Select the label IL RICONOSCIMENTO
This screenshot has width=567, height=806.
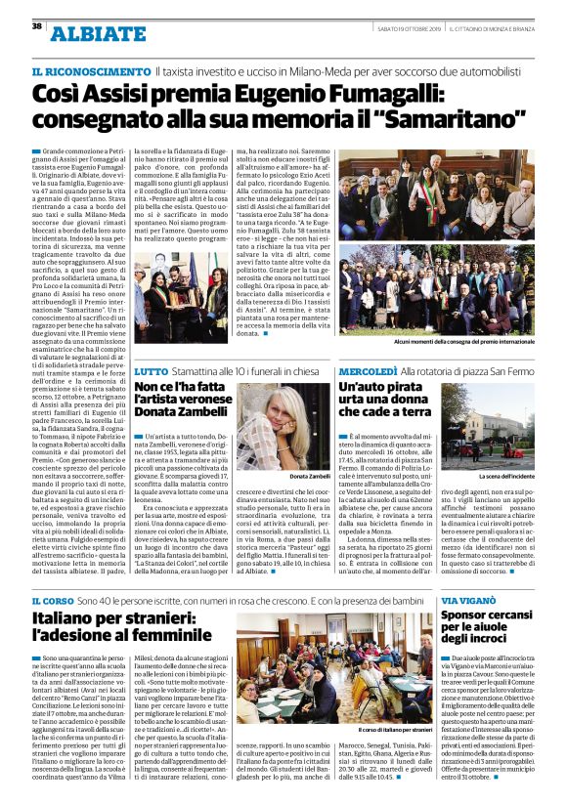91,73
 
